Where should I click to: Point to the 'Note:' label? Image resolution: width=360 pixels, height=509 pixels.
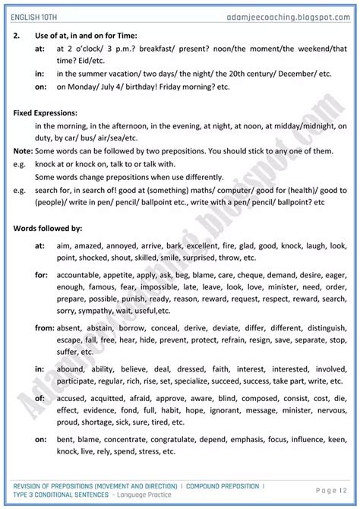click(x=24, y=151)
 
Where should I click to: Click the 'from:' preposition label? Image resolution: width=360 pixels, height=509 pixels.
click(x=44, y=328)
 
